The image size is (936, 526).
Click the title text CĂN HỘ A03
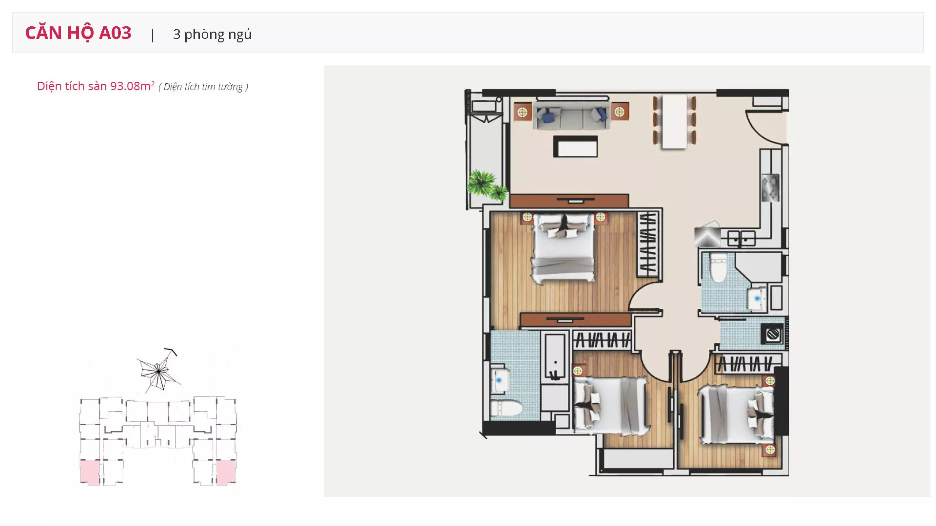click(78, 33)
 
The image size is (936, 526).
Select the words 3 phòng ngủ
click(212, 35)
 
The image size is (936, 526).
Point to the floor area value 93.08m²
click(132, 86)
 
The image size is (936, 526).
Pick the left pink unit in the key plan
click(90, 472)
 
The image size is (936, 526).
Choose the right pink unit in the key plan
click(226, 472)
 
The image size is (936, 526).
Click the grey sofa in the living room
click(571, 115)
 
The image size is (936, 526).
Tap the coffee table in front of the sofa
click(576, 147)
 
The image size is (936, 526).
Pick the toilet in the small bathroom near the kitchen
click(718, 267)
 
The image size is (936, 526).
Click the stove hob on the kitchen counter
click(770, 188)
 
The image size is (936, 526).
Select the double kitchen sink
click(741, 239)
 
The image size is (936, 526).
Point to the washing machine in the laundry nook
click(773, 335)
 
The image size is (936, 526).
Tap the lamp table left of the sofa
click(522, 113)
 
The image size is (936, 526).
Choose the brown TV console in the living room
click(569, 201)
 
